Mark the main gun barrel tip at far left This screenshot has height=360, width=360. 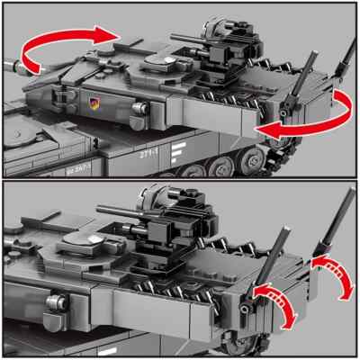[9, 66]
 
